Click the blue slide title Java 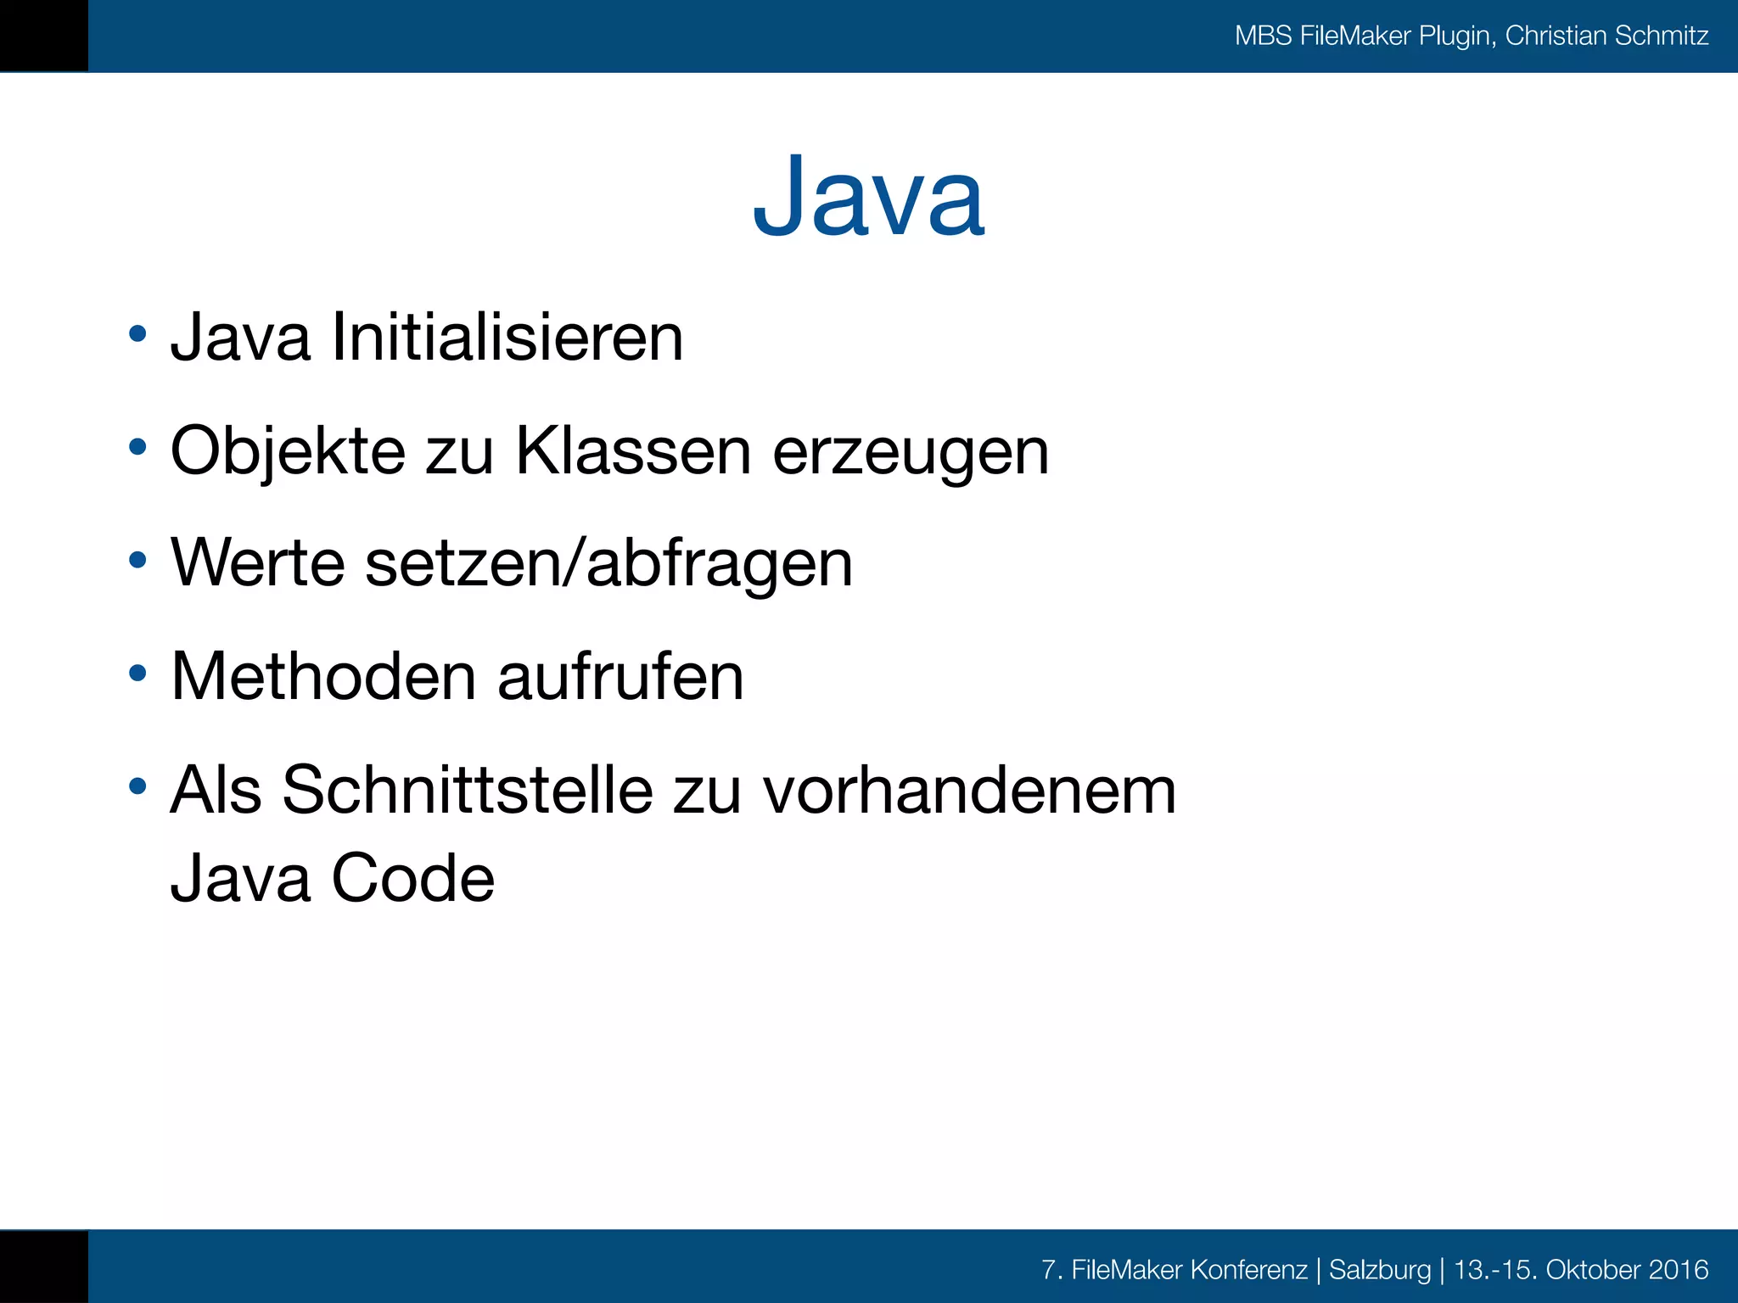(x=868, y=198)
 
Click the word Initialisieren (x=507, y=338)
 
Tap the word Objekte (x=288, y=451)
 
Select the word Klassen (x=633, y=451)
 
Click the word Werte (x=258, y=563)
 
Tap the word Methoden (x=323, y=677)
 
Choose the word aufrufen (x=620, y=677)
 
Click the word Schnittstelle (x=468, y=791)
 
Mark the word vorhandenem (x=969, y=791)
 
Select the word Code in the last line (x=412, y=878)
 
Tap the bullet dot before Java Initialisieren (x=137, y=334)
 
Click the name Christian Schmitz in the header (x=1606, y=36)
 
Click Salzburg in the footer (x=1379, y=1270)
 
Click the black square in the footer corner (x=43, y=1267)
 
